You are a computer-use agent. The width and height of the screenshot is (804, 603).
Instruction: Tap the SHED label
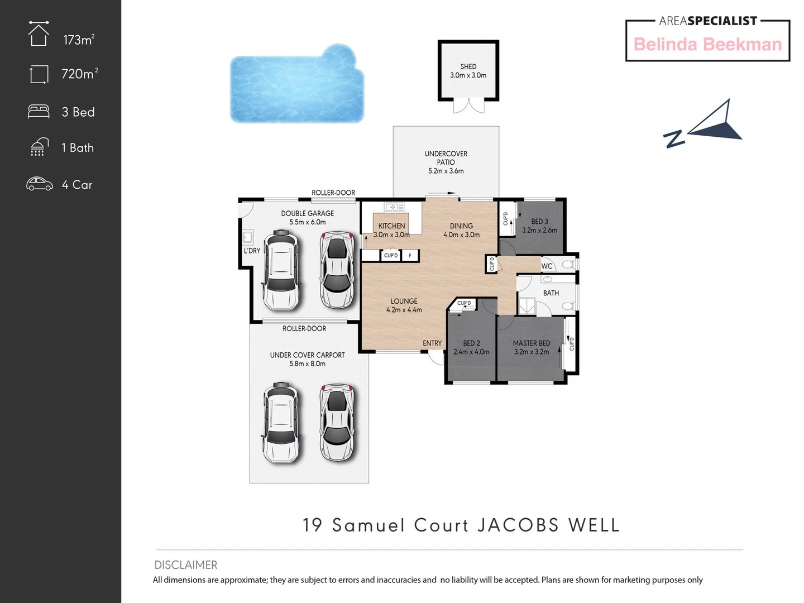tap(468, 66)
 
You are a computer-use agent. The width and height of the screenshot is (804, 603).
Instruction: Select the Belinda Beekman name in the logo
tap(707, 45)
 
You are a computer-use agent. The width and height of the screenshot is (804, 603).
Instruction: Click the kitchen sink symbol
tap(394, 207)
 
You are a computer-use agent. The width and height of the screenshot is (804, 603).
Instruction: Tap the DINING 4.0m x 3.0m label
tap(461, 230)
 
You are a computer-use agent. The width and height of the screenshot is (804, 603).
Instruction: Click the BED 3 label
tap(539, 222)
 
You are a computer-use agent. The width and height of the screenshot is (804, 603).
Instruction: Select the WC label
tap(547, 266)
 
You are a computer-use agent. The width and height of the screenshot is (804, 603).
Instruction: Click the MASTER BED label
tap(532, 343)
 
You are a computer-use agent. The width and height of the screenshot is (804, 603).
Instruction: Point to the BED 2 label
tap(471, 343)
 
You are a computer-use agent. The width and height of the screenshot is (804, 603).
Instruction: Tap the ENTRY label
tap(432, 343)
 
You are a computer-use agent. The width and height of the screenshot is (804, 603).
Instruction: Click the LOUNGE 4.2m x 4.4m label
tap(404, 305)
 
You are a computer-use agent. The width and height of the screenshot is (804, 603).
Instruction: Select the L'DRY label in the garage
tap(252, 251)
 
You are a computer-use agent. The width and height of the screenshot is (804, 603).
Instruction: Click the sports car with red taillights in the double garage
tap(337, 271)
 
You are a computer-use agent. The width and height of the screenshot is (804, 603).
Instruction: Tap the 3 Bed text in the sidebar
tap(78, 112)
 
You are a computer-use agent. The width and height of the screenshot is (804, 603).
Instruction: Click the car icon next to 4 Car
tap(40, 184)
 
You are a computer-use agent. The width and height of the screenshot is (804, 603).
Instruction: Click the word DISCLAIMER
tap(186, 564)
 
